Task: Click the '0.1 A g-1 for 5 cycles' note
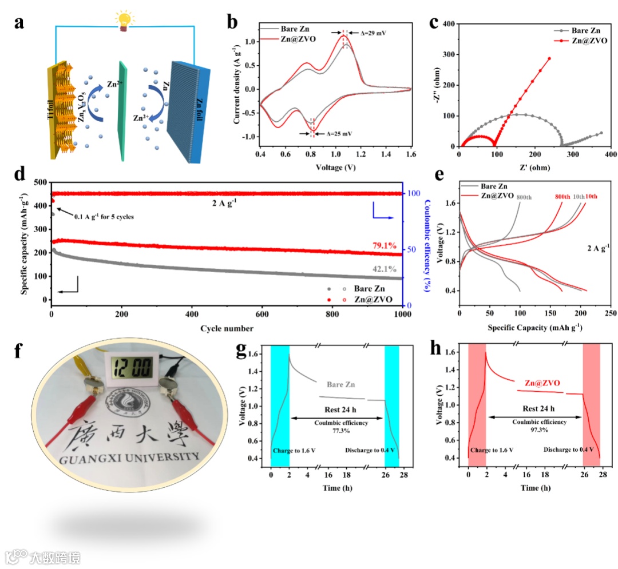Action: [x=103, y=216]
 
